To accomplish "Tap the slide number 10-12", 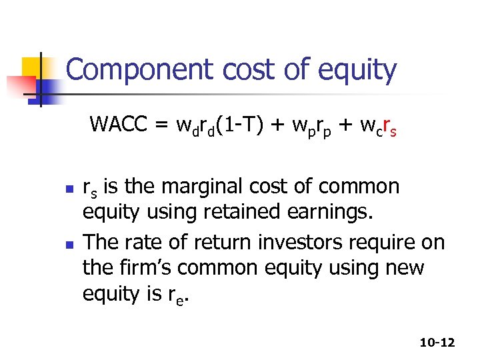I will tap(437, 343).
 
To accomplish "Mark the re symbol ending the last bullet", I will tap(180, 295).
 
